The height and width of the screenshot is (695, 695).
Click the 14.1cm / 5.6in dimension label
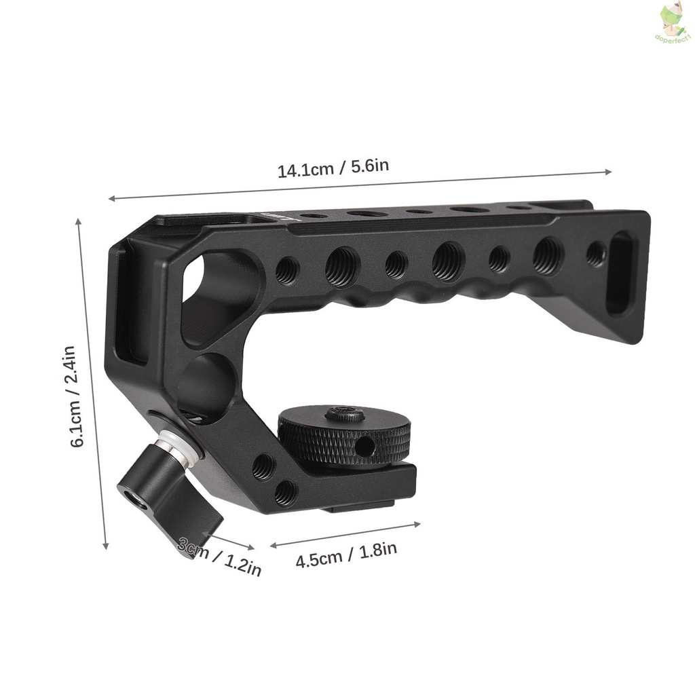(x=333, y=168)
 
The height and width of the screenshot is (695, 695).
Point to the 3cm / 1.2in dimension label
(x=219, y=556)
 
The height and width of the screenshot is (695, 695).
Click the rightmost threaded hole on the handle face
(x=596, y=254)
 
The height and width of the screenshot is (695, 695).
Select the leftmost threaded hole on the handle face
(x=287, y=270)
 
